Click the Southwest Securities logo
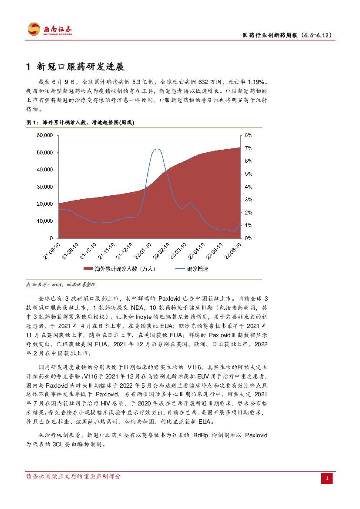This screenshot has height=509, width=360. (50, 30)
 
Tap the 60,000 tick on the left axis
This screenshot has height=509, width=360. (45, 135)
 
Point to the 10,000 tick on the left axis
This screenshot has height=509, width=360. (45, 221)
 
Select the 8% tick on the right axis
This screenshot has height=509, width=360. (249, 135)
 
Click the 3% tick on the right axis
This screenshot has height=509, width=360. (249, 200)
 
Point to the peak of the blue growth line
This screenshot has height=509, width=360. (157, 149)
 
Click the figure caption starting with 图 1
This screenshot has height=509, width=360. (81, 123)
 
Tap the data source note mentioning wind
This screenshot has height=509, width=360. (61, 285)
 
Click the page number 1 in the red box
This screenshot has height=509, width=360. (327, 479)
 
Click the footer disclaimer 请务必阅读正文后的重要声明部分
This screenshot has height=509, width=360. (74, 476)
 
